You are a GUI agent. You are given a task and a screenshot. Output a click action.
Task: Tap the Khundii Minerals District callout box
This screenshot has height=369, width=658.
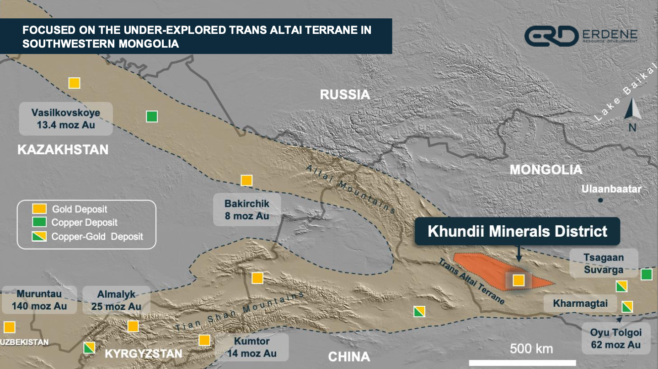[517, 231]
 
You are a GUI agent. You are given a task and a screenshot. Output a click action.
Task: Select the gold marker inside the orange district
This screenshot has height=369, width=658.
[518, 280]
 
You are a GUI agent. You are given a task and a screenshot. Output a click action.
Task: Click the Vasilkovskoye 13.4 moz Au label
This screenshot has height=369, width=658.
[66, 119]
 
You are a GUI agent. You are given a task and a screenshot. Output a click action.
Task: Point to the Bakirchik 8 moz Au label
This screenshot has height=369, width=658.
[246, 210]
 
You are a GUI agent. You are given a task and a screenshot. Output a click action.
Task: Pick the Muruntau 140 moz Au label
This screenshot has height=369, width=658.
[39, 300]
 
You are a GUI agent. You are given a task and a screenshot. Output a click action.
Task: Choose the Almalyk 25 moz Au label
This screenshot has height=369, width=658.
[116, 300]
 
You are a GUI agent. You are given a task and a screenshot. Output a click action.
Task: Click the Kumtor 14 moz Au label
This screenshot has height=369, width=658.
[251, 347]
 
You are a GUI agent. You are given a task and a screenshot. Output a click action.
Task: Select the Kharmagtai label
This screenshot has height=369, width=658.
[579, 304]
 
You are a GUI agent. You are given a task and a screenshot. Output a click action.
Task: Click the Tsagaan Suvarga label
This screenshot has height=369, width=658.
[603, 264]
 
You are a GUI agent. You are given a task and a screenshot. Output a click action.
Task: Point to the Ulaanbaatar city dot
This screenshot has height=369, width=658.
[600, 201]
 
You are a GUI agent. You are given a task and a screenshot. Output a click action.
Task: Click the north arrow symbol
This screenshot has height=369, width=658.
[632, 112]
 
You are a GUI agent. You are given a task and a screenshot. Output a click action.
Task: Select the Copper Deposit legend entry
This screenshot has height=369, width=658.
[84, 223]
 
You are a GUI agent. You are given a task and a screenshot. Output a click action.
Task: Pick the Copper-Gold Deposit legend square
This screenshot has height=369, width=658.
[39, 237]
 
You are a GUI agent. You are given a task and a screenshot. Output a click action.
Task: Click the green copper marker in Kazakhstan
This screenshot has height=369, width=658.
[152, 117]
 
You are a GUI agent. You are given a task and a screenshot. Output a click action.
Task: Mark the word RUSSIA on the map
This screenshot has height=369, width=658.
[344, 95]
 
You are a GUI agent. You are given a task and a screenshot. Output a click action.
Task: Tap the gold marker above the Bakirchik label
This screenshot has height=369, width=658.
[246, 180]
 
